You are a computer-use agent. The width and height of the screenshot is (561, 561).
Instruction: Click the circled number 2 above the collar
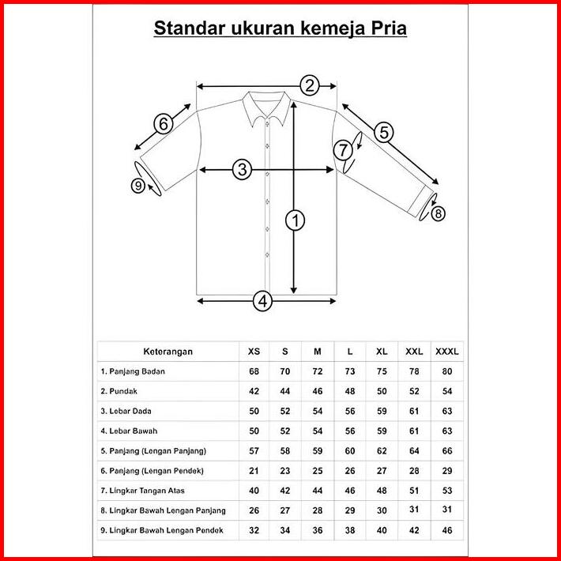pyautogui.click(x=309, y=85)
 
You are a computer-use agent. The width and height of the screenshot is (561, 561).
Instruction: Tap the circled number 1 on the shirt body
pyautogui.click(x=296, y=221)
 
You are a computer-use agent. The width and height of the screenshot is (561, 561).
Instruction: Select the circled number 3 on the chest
pyautogui.click(x=242, y=168)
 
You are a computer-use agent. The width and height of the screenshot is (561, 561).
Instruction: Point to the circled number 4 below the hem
pyautogui.click(x=263, y=300)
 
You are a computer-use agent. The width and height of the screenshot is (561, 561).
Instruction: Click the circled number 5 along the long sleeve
pyautogui.click(x=384, y=132)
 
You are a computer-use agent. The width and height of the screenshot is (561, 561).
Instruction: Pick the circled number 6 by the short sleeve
pyautogui.click(x=163, y=123)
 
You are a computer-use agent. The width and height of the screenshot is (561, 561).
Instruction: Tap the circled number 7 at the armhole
pyautogui.click(x=343, y=149)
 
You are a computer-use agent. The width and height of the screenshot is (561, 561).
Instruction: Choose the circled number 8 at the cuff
pyautogui.click(x=439, y=213)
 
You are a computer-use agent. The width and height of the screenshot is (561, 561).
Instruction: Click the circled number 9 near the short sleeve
pyautogui.click(x=139, y=186)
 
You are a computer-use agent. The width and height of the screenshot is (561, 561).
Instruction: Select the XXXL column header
pyautogui.click(x=447, y=351)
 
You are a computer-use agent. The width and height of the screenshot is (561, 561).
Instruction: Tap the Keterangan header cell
pyautogui.click(x=168, y=351)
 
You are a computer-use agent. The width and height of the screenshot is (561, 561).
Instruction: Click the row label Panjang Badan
pyautogui.click(x=133, y=371)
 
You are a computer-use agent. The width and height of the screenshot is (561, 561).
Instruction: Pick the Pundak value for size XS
pyautogui.click(x=254, y=390)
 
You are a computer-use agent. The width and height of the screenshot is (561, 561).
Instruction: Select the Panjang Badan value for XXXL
pyautogui.click(x=447, y=371)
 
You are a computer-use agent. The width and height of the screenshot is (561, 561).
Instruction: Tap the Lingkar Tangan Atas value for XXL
pyautogui.click(x=414, y=490)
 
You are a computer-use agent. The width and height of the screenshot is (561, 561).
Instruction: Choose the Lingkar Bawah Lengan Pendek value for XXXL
pyautogui.click(x=447, y=529)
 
